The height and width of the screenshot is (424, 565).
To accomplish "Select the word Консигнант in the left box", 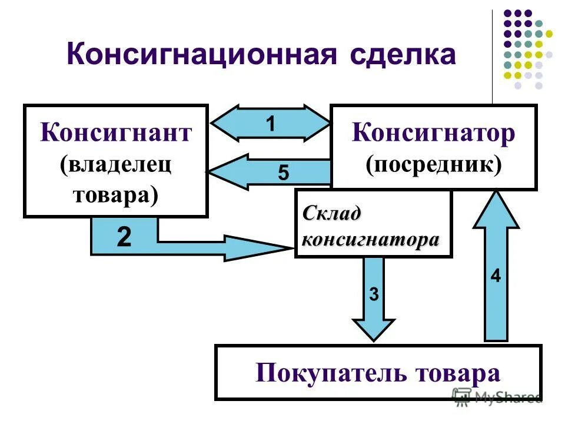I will tap(116, 133).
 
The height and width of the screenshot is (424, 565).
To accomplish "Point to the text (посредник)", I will tap(434, 164).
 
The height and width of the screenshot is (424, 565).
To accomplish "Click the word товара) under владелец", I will tap(116, 194).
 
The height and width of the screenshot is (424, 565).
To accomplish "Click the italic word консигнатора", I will tap(370, 239).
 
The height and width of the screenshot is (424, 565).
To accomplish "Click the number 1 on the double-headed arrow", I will tap(270, 124).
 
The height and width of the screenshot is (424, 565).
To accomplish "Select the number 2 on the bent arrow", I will tap(124, 237).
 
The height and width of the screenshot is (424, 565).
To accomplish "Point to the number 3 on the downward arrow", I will tap(374, 294).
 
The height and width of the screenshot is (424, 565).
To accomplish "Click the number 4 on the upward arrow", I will tap(496, 276).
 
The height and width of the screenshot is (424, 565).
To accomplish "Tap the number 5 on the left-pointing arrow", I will tap(284, 173).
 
